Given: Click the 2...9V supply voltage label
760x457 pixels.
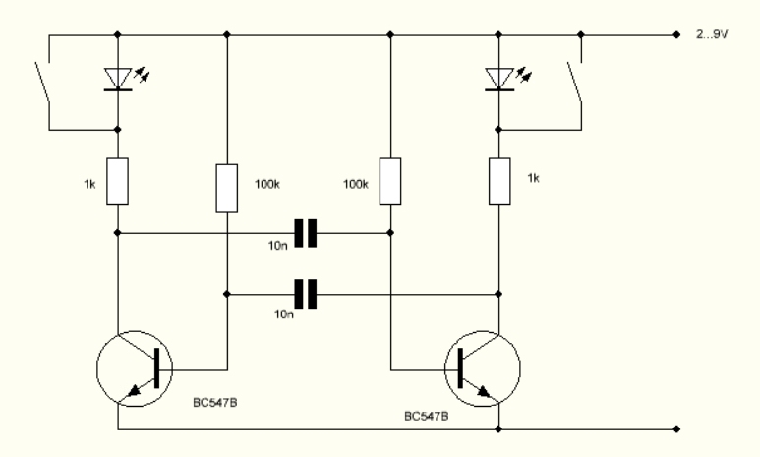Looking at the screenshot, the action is coord(712,34).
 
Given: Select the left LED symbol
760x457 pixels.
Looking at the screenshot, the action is coord(118,79).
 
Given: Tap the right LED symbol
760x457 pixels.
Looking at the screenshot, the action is coord(499,79).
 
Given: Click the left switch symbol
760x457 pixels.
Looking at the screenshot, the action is coord(44,82).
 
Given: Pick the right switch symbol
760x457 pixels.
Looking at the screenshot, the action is coord(575,82).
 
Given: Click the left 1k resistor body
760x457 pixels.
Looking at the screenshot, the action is coord(117,181).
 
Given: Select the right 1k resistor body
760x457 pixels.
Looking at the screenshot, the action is coord(499,181).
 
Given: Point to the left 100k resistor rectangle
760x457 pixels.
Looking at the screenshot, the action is coord(227,188).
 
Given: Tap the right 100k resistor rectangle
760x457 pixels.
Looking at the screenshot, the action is coord(390,181).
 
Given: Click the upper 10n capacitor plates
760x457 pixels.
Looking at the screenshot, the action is coord(306,233).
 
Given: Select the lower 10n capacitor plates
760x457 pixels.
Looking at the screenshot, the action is coord(306,294).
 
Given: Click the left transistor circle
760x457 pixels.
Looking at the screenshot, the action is coord(135,369).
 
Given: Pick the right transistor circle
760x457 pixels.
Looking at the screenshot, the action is coord(483,369).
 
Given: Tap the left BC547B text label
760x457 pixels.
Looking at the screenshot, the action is coord(215,403).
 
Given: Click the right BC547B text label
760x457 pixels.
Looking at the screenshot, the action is coord(427,417).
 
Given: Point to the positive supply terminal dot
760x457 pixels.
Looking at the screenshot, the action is coord(676,35).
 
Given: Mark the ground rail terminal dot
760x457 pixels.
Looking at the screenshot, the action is coord(676,428).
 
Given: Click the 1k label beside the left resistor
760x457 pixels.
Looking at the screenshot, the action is coord(89,184).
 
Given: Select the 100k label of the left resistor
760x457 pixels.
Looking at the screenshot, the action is coord(267,184).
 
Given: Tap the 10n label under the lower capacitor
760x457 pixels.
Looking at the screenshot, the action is coord(284,314).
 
